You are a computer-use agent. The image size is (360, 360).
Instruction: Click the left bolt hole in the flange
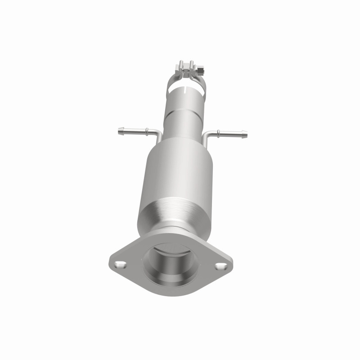120,264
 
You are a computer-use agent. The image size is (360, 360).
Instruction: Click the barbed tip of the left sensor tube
120,131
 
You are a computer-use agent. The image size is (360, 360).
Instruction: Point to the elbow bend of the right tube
206,135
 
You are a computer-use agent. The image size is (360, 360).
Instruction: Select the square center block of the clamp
186,70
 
